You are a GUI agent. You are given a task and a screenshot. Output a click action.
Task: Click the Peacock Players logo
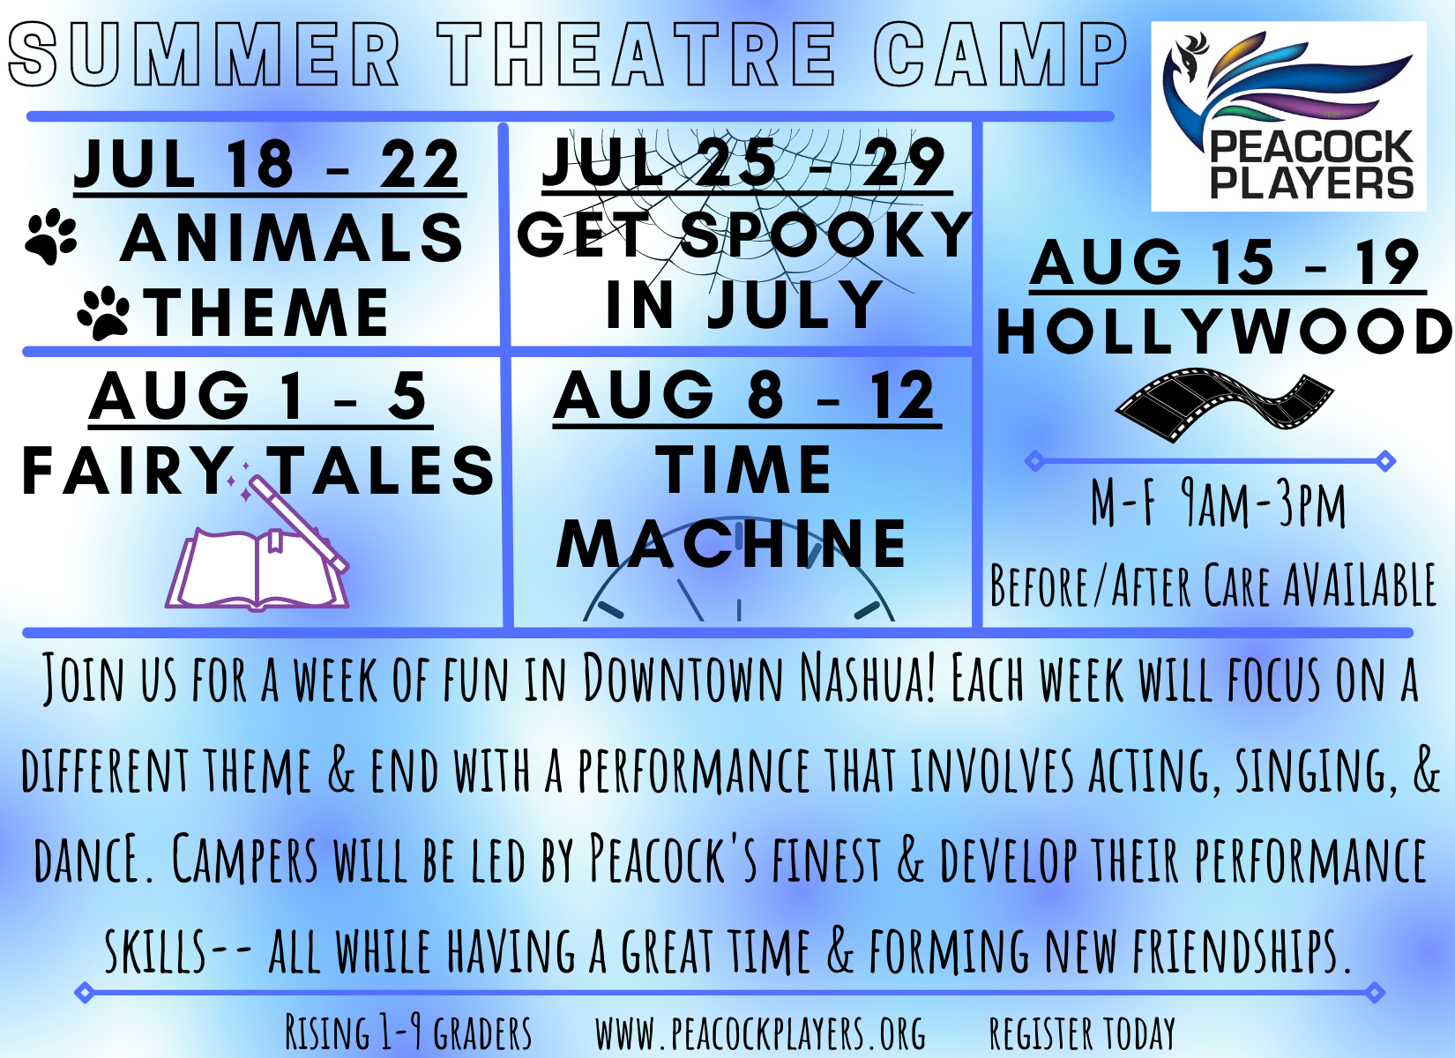(1288, 116)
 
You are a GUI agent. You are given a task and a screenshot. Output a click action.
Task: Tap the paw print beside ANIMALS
(50, 235)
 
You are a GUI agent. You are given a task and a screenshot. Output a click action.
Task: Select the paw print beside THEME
(103, 313)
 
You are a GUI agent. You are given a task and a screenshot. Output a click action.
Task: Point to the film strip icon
(1224, 404)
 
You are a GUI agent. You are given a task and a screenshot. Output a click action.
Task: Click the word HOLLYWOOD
(1225, 332)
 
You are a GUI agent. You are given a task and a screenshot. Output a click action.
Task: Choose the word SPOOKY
(827, 234)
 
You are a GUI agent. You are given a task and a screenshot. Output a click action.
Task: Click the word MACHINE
(731, 544)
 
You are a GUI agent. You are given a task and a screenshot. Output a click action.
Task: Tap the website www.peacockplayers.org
(761, 1033)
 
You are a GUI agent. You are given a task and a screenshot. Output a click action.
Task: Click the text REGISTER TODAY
(1082, 1033)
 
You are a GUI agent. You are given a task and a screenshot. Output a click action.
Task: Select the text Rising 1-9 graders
(408, 1032)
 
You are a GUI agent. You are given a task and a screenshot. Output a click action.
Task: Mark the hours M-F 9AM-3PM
(1218, 504)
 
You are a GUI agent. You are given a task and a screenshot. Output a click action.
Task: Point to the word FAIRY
(124, 471)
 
